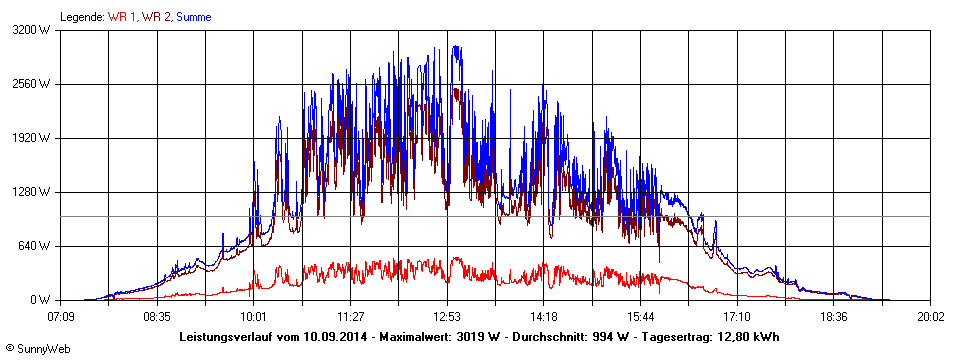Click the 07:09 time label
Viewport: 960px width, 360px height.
[62, 317]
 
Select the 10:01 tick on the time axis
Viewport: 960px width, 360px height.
[254, 317]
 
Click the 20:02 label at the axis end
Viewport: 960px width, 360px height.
[929, 317]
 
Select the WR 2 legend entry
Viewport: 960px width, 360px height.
[156, 17]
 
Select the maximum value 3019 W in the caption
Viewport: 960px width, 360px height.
[471, 337]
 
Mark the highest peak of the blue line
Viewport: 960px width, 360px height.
[455, 46]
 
